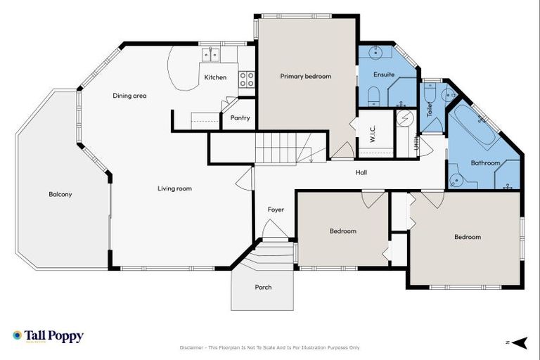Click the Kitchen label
215,77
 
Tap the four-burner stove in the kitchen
246,79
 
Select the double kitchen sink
210,54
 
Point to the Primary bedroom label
305,76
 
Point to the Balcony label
60,194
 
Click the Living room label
174,188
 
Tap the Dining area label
129,96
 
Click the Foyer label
276,210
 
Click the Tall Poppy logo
48,336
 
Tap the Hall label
361,172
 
